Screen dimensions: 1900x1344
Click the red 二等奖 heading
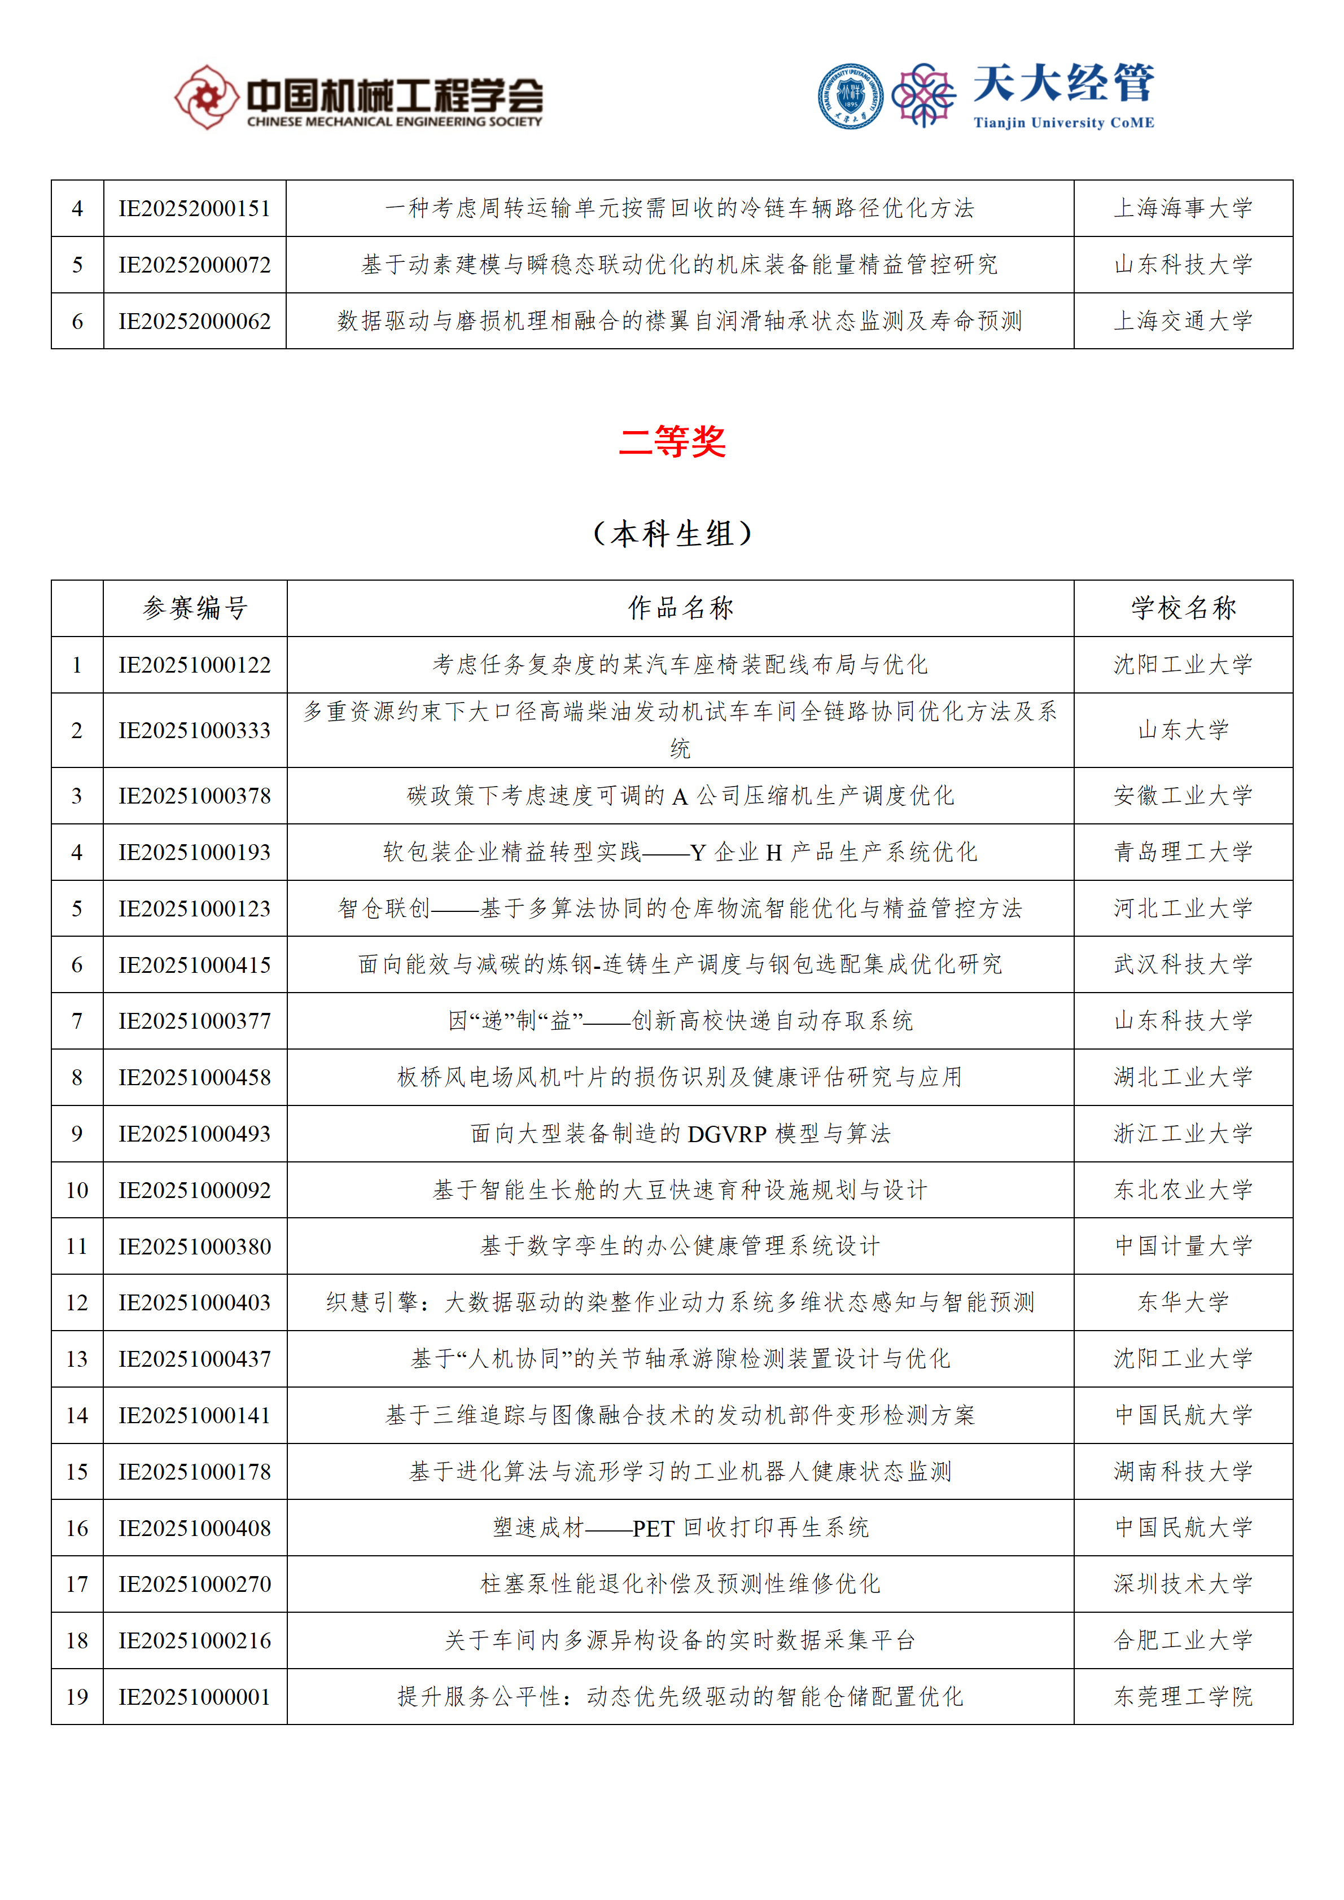(x=672, y=442)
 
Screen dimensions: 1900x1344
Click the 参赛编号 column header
(x=195, y=608)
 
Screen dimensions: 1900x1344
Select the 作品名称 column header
(x=680, y=608)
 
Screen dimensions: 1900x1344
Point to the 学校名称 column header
(x=1184, y=608)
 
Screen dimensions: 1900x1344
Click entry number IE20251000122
(x=195, y=665)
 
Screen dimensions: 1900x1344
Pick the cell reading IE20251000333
(x=195, y=730)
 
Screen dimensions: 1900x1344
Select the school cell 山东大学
(x=1184, y=730)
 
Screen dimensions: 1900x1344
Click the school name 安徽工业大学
(x=1184, y=796)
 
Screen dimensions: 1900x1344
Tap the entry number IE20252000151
(x=195, y=209)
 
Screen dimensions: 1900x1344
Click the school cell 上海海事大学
(x=1184, y=209)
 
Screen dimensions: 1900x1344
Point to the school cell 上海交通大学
(x=1184, y=321)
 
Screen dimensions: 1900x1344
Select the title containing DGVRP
(x=680, y=1134)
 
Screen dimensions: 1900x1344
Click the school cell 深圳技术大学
(x=1184, y=1584)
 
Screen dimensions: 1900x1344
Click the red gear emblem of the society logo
(x=205, y=98)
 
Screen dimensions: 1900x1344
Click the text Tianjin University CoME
(x=1063, y=122)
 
